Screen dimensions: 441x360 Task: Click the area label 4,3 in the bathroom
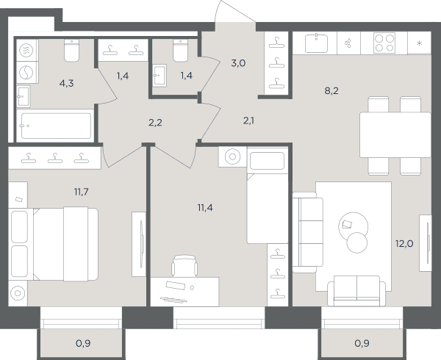pyautogui.click(x=67, y=84)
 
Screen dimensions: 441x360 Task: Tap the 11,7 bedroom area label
pyautogui.click(x=82, y=192)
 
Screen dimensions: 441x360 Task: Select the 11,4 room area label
pyautogui.click(x=205, y=208)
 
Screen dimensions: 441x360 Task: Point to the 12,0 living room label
pyautogui.click(x=404, y=244)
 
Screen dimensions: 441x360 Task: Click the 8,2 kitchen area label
pyautogui.click(x=331, y=91)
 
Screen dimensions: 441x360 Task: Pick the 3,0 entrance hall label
pyautogui.click(x=238, y=63)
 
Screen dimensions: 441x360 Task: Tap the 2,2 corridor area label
pyautogui.click(x=155, y=123)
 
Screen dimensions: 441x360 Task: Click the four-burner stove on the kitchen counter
pyautogui.click(x=384, y=43)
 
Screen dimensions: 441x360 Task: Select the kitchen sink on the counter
pyautogui.click(x=316, y=43)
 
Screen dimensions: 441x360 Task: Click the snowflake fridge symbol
pyautogui.click(x=420, y=43)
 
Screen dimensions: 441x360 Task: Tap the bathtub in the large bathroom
pyautogui.click(x=56, y=126)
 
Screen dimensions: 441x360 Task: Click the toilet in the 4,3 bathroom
pyautogui.click(x=71, y=50)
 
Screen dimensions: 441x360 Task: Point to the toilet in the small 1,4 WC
pyautogui.click(x=180, y=50)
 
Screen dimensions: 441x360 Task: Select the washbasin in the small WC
pyautogui.click(x=159, y=76)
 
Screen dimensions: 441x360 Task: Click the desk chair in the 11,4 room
pyautogui.click(x=184, y=266)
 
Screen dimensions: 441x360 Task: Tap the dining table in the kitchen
pyautogui.click(x=395, y=134)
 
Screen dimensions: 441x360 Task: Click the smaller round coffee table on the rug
pyautogui.click(x=357, y=242)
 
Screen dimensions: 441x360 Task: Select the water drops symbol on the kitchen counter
pyautogui.click(x=348, y=43)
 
